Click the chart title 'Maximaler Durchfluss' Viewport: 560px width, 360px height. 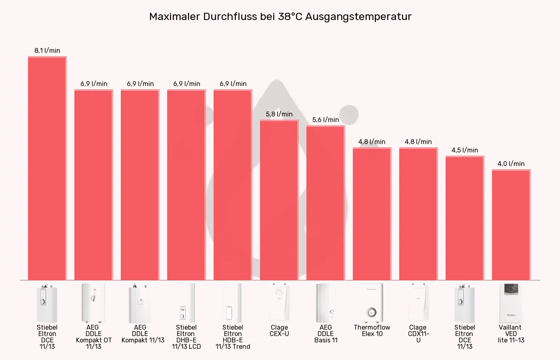[280, 16]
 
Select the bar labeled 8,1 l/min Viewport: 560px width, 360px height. [47, 168]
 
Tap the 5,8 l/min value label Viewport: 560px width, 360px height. [279, 114]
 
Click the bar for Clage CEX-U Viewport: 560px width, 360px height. [279, 200]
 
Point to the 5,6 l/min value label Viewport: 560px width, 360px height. [326, 120]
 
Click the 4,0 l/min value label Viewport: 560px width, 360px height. [511, 164]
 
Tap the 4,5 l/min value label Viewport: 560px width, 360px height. [465, 150]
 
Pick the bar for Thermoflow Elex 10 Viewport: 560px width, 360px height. [372, 214]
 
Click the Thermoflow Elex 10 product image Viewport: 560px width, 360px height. [372, 303]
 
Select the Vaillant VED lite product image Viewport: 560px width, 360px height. [511, 303]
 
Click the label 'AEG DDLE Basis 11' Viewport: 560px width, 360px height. [326, 334]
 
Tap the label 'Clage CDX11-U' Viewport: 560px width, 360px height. [418, 334]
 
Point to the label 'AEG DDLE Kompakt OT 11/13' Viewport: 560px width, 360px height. [94, 337]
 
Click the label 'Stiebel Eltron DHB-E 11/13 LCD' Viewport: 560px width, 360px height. [186, 337]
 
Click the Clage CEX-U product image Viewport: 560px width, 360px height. [279, 303]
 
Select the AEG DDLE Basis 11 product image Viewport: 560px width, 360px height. [326, 303]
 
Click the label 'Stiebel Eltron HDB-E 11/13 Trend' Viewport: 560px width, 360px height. [233, 337]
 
